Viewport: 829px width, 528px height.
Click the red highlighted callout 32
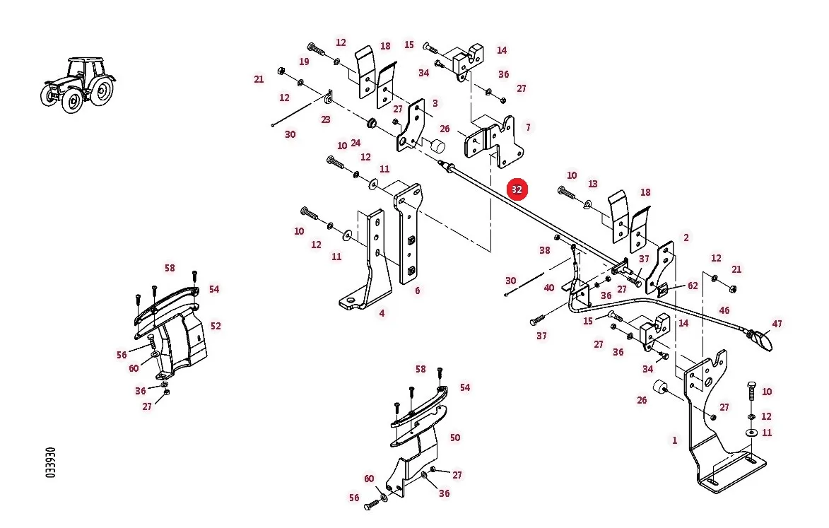(x=517, y=189)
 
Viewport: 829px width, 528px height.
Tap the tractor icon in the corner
(x=78, y=85)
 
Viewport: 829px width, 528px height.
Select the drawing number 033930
(x=51, y=462)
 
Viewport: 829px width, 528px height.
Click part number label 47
(x=777, y=324)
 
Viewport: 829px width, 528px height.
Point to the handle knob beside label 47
(x=763, y=340)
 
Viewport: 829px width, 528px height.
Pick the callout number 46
(x=724, y=310)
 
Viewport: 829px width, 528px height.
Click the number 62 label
(x=693, y=286)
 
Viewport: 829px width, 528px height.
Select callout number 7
(x=528, y=127)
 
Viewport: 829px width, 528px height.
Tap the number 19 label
(x=303, y=61)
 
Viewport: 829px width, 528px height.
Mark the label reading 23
(x=326, y=119)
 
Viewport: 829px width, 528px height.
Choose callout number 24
(x=355, y=143)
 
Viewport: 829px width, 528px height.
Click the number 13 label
(x=593, y=183)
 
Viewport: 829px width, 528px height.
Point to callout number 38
(x=545, y=250)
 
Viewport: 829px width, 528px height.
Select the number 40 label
(x=549, y=288)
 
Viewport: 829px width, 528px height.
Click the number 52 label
(x=216, y=326)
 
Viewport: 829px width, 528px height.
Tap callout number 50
(x=454, y=437)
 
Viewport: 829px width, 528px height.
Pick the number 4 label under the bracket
(x=382, y=313)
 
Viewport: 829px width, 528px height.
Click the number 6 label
(x=417, y=291)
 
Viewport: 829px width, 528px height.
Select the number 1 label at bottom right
(x=674, y=440)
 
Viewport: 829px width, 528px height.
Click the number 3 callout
(x=435, y=103)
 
